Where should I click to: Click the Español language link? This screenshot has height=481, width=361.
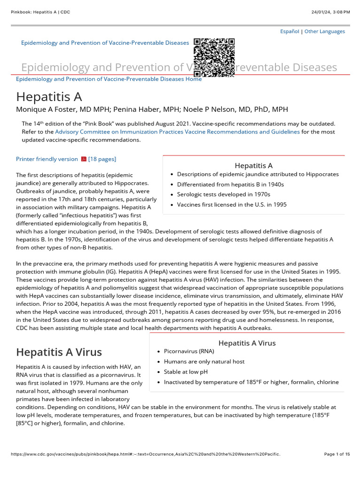tap(289, 31)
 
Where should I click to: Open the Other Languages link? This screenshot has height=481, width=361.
tap(324, 31)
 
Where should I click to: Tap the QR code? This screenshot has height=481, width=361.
tap(214, 57)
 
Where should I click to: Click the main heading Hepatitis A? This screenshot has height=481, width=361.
tap(49, 97)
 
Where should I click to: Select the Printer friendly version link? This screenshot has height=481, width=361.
tap(47, 159)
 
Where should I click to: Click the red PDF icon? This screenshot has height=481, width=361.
tap(84, 159)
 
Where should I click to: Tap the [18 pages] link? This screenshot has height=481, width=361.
tap(102, 159)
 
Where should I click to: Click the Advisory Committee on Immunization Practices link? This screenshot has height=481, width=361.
tap(177, 132)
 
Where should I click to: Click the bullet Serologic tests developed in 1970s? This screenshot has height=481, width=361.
tap(223, 194)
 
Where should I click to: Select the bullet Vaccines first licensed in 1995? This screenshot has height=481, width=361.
tap(232, 205)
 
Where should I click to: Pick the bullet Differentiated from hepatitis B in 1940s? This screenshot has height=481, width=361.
tap(230, 184)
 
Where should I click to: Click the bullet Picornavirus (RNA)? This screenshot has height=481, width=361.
tap(188, 351)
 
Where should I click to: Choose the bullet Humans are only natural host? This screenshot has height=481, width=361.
tap(204, 362)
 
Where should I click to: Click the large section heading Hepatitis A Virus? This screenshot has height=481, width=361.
tap(59, 352)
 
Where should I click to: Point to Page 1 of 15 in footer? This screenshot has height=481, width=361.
tap(337, 454)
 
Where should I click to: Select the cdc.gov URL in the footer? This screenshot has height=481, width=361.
tap(145, 454)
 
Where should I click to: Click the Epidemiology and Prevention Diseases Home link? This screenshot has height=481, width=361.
tap(109, 79)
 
